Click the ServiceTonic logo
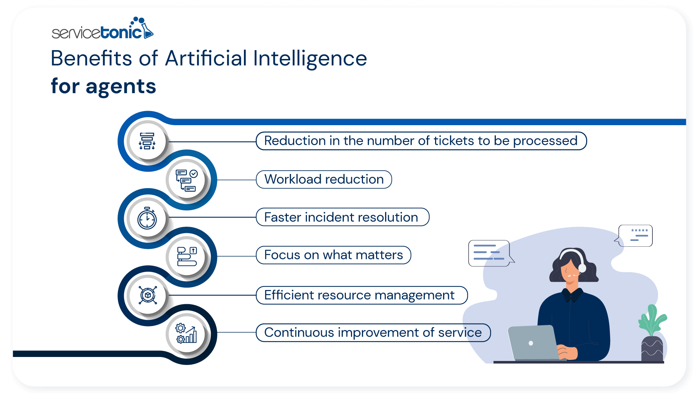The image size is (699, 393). coord(102,29)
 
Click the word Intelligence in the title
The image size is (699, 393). coord(310,58)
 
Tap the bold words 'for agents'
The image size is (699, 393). coord(103,86)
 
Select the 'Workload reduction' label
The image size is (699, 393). coord(324,179)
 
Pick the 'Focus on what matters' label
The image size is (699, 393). coord(333,255)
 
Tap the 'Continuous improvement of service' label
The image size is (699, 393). coord(373,333)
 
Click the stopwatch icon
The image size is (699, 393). coord(147,218)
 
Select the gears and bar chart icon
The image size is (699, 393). coord(186,333)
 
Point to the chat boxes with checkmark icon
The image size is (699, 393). coord(187,180)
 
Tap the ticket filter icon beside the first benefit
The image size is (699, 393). coord(147,141)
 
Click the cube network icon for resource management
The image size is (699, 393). coord(147,295)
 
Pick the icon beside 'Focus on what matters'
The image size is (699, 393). coord(187,257)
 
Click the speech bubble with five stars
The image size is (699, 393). coord(636,235)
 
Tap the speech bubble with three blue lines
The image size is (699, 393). coord(489,253)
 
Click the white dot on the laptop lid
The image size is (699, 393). coord(531,343)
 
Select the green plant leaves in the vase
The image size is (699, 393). coord(652,320)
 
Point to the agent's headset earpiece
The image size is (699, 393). coord(582,268)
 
